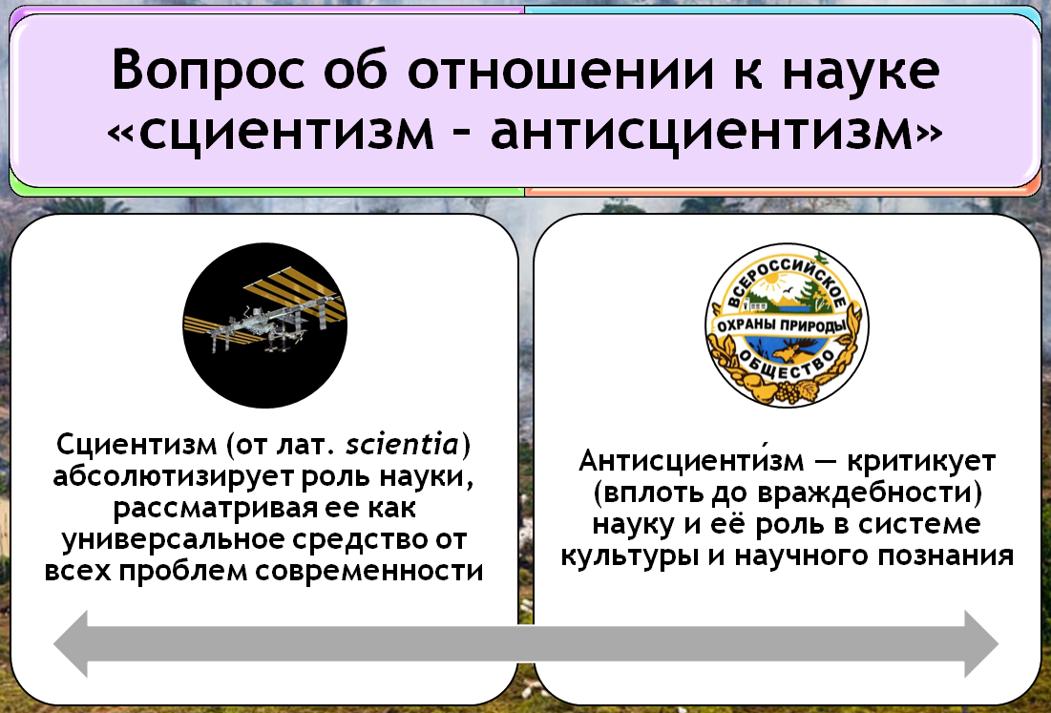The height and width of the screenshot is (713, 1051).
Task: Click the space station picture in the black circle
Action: pos(265,325)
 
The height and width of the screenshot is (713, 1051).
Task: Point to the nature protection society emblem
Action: pos(787,325)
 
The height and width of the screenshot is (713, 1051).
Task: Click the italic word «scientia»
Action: pos(403,444)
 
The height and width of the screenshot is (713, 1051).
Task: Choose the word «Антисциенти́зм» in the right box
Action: pos(690,460)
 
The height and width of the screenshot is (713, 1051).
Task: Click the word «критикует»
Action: pos(921,462)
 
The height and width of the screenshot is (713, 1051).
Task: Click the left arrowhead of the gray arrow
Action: pos(71,644)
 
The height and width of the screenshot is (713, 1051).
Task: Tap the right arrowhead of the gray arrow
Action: pos(981,644)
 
